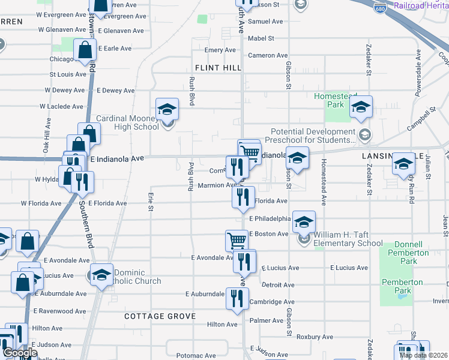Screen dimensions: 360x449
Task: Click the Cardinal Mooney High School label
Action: [x=127, y=122]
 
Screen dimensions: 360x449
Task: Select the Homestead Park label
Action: [x=337, y=100]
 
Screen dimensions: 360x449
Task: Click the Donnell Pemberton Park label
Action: [x=411, y=253]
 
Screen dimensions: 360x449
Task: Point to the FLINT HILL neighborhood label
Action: [x=217, y=68]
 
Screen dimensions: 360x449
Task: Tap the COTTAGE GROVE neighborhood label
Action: [x=160, y=316]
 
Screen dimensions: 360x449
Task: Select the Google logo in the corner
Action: [x=19, y=353]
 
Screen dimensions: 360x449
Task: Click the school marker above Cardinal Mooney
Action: [x=167, y=109]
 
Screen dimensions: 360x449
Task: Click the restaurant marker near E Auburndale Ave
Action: [x=237, y=298]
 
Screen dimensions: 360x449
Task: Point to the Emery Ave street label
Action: [x=220, y=50]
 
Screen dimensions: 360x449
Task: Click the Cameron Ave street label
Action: [x=268, y=55]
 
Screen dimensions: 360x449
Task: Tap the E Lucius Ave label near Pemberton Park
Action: [x=348, y=268]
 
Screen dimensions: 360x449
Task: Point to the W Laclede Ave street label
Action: [x=62, y=106]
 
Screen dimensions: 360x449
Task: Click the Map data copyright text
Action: [x=423, y=355]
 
